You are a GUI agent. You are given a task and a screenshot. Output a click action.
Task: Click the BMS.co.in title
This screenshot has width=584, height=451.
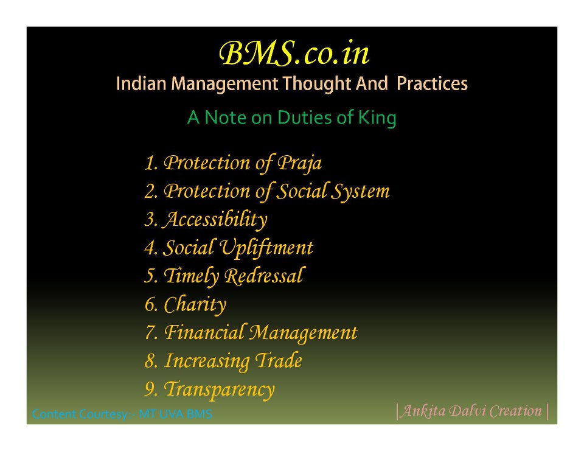[x=294, y=54]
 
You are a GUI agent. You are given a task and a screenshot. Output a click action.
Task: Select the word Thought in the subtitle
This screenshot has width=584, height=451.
[x=317, y=83]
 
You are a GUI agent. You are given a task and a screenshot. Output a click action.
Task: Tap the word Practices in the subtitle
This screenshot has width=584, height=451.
[x=432, y=83]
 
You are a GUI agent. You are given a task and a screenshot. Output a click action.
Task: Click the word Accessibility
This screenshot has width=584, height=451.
[x=215, y=220]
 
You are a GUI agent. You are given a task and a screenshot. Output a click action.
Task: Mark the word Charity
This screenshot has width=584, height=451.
[x=195, y=305]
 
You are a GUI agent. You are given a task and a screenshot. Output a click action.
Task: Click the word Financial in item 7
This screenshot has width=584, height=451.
[x=204, y=332]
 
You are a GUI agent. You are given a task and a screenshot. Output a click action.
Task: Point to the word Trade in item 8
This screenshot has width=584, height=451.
[x=278, y=360]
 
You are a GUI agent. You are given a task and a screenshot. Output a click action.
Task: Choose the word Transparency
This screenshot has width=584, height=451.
[x=219, y=390]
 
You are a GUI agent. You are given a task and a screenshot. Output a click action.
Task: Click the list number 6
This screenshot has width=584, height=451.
[x=151, y=305]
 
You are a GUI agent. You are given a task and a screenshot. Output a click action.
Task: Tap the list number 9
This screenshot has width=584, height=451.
[x=151, y=390]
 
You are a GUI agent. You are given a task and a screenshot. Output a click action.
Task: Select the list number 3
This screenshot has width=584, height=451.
[x=151, y=220]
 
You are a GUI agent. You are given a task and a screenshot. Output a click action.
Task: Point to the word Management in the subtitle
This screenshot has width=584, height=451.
[x=224, y=84]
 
